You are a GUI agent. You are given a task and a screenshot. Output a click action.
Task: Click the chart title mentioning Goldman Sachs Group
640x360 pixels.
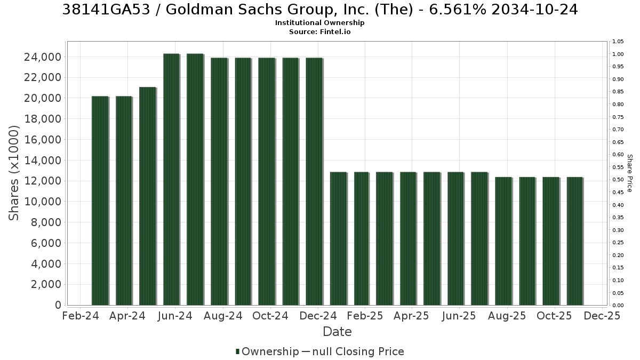point(320,10)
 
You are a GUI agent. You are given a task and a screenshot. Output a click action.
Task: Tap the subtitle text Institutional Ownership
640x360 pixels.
point(319,23)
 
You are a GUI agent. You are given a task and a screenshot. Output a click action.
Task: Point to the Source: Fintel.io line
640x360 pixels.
point(319,31)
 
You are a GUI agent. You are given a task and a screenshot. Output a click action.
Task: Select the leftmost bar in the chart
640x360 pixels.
point(100,201)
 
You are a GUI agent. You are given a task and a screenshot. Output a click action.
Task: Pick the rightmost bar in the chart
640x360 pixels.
point(575,241)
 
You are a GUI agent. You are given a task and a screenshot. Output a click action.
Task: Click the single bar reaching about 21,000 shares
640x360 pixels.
point(148,196)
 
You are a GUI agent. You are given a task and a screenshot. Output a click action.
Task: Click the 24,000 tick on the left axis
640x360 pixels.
point(43,57)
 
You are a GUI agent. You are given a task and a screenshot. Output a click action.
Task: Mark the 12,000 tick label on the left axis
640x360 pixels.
point(43,181)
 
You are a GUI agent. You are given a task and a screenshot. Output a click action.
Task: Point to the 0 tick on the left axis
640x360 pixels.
point(58,305)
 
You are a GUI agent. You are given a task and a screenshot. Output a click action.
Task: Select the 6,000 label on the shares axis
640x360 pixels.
point(46,243)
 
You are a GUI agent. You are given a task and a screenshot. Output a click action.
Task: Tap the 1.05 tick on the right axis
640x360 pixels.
point(618,42)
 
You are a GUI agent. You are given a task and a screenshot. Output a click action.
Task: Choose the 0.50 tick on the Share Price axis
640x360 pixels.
point(618,179)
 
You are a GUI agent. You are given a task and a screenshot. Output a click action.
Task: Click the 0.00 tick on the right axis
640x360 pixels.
point(618,305)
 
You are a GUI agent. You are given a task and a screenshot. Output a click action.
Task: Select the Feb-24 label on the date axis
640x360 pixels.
point(81,316)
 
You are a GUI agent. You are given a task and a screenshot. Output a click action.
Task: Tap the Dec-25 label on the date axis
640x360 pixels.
point(602,316)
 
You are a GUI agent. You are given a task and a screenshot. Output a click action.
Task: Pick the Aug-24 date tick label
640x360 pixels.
point(223,316)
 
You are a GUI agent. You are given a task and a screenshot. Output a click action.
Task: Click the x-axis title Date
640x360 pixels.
point(337,332)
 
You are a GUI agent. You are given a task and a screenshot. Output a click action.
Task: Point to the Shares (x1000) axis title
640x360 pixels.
point(14,173)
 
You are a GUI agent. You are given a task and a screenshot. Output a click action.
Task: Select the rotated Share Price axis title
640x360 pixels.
point(630,173)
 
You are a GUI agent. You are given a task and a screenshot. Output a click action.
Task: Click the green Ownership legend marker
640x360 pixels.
point(237,351)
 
